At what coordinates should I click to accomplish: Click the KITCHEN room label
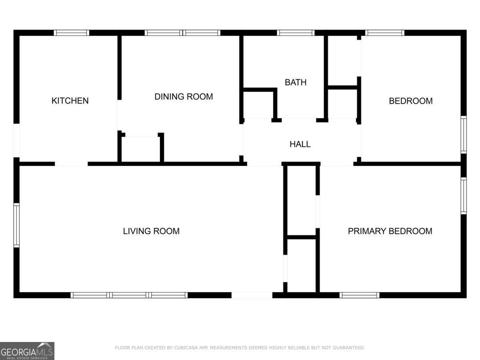(x=70, y=100)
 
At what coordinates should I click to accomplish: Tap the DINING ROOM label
(x=184, y=97)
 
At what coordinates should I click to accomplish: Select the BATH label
(x=296, y=82)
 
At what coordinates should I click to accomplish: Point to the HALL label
(x=300, y=144)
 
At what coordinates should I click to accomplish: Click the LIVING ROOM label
(x=151, y=231)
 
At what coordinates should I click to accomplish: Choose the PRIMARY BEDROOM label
(x=390, y=231)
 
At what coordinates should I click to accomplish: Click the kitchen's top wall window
(x=72, y=33)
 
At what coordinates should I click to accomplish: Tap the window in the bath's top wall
(x=296, y=33)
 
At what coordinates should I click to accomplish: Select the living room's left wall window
(x=16, y=225)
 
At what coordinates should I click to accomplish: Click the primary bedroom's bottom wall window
(x=360, y=295)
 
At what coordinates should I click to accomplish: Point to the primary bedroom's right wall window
(x=464, y=196)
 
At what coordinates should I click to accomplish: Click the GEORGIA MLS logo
(x=27, y=351)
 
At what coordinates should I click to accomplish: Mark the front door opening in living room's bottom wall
(x=252, y=295)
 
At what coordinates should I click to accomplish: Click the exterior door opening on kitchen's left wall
(x=16, y=140)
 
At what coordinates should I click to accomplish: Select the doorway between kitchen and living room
(x=71, y=164)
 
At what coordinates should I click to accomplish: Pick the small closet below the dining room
(x=141, y=149)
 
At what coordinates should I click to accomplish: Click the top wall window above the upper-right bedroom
(x=385, y=33)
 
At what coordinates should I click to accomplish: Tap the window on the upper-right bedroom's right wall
(x=464, y=135)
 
